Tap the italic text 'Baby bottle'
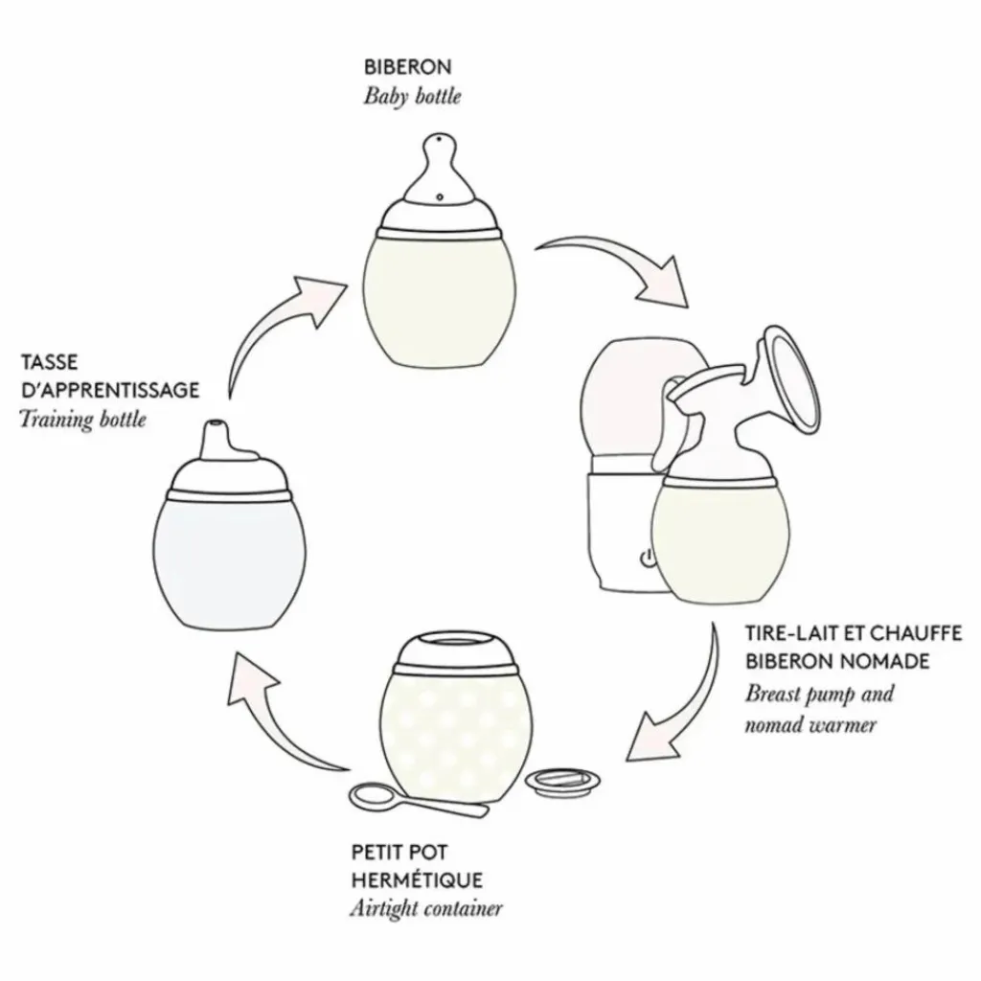[412, 97]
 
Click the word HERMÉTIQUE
[417, 878]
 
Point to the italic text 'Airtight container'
[425, 908]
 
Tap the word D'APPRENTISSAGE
[110, 390]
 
